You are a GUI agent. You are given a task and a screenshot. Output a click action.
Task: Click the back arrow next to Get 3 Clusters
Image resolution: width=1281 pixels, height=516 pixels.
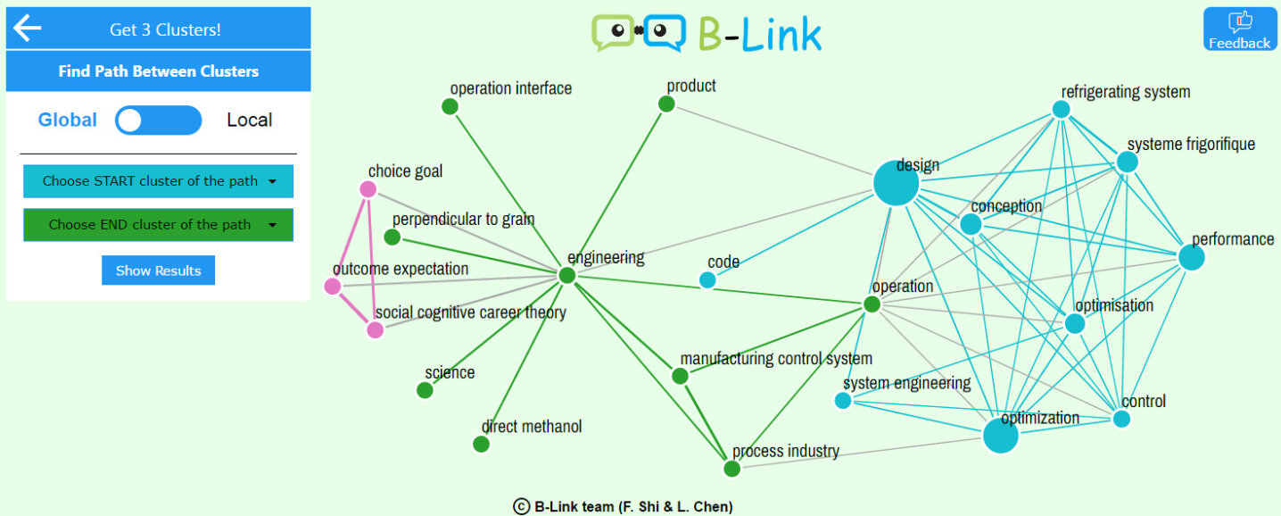pyautogui.click(x=27, y=29)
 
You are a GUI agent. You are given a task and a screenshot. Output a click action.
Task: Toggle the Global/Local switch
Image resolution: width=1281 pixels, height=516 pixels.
pyautogui.click(x=158, y=121)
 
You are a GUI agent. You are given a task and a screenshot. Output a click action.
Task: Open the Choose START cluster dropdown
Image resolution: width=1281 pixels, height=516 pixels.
pyautogui.click(x=158, y=181)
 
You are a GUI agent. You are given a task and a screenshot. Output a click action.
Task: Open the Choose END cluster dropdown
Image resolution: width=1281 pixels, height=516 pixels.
pyautogui.click(x=158, y=225)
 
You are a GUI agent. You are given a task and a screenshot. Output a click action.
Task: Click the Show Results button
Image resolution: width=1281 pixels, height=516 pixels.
pyautogui.click(x=158, y=270)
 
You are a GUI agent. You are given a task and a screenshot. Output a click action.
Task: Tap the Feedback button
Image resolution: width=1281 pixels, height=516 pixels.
pyautogui.click(x=1239, y=29)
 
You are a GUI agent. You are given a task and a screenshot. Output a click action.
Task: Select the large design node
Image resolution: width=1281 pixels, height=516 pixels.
pyautogui.click(x=896, y=184)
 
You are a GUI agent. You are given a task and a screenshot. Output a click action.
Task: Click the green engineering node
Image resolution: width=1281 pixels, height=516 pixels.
pyautogui.click(x=566, y=275)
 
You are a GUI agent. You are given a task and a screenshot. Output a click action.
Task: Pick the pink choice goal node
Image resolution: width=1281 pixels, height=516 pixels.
pyautogui.click(x=368, y=188)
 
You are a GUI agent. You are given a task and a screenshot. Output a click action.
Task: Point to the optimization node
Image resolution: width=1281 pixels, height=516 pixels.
pyautogui.click(x=1000, y=436)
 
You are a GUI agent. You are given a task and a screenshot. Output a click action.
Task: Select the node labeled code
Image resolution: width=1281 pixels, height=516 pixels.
pyautogui.click(x=707, y=280)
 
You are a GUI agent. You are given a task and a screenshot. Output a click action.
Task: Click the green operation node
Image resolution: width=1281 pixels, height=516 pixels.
pyautogui.click(x=872, y=304)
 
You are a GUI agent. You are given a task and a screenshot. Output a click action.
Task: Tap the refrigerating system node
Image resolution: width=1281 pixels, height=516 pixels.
pyautogui.click(x=1061, y=109)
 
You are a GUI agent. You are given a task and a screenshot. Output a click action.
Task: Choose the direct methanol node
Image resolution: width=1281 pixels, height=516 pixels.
pyautogui.click(x=481, y=444)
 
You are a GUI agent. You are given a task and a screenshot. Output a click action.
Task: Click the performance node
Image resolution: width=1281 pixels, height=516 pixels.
pyautogui.click(x=1191, y=257)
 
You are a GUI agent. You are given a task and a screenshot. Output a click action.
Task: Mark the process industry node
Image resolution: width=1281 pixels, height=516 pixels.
pyautogui.click(x=731, y=469)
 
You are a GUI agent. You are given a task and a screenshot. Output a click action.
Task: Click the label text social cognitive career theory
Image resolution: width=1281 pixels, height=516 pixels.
pyautogui.click(x=470, y=312)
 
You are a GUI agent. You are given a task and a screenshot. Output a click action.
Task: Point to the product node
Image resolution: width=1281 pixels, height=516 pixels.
pyautogui.click(x=665, y=104)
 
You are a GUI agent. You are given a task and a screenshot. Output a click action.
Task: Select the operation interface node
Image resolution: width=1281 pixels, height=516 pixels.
pyautogui.click(x=450, y=107)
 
